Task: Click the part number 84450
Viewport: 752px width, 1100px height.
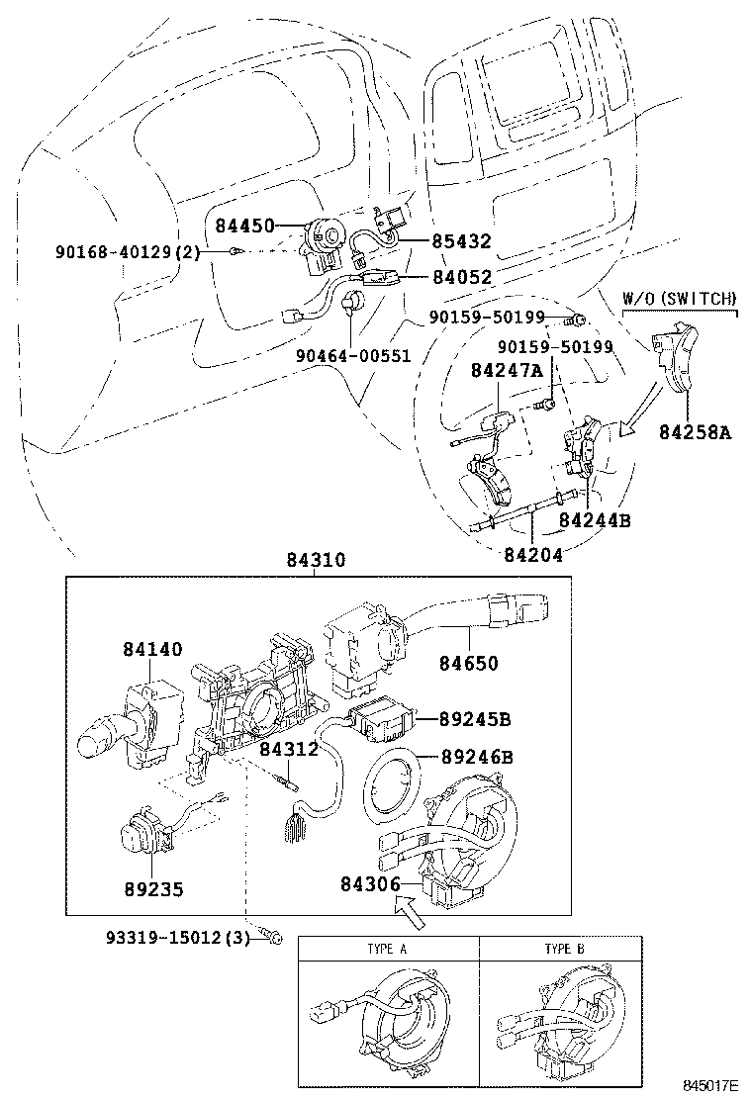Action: coord(244,226)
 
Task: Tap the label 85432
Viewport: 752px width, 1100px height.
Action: coord(461,241)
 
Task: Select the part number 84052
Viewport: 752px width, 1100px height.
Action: coord(461,277)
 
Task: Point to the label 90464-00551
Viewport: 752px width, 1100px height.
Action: coord(353,356)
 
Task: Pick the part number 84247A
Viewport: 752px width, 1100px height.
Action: coord(507,370)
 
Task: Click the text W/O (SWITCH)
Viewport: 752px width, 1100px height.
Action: coord(680,298)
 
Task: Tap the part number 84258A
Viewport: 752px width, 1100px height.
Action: coord(695,432)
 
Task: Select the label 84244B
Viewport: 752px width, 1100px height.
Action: coord(595,520)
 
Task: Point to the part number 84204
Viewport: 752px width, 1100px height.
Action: coord(533,554)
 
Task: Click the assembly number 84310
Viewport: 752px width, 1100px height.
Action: coord(316,560)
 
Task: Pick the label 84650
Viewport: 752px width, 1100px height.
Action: coord(469,663)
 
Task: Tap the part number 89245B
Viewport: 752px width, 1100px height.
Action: coord(475,719)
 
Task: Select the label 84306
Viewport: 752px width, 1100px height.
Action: coord(370,884)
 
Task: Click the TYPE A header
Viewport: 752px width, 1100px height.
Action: coord(387,950)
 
